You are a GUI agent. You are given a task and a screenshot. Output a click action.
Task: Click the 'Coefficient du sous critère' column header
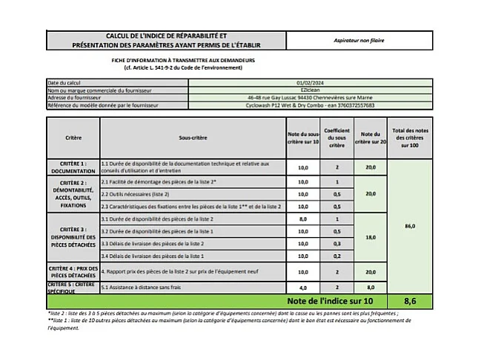pos(336,137)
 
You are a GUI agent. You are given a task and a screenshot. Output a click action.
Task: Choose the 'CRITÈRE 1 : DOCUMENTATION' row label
pos(73,167)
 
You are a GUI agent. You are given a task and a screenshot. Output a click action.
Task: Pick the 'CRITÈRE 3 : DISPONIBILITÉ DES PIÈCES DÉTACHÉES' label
pos(73,236)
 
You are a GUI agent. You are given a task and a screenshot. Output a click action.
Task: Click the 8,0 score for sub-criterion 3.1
pos(302,219)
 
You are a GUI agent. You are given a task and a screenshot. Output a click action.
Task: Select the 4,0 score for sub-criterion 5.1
pos(302,287)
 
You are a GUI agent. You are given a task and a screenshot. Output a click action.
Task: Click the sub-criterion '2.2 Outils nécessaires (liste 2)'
pos(134,193)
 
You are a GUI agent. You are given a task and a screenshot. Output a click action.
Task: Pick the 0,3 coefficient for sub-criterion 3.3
pos(336,243)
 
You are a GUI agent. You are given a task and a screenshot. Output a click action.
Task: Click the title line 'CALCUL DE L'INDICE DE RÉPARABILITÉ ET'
pos(167,35)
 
